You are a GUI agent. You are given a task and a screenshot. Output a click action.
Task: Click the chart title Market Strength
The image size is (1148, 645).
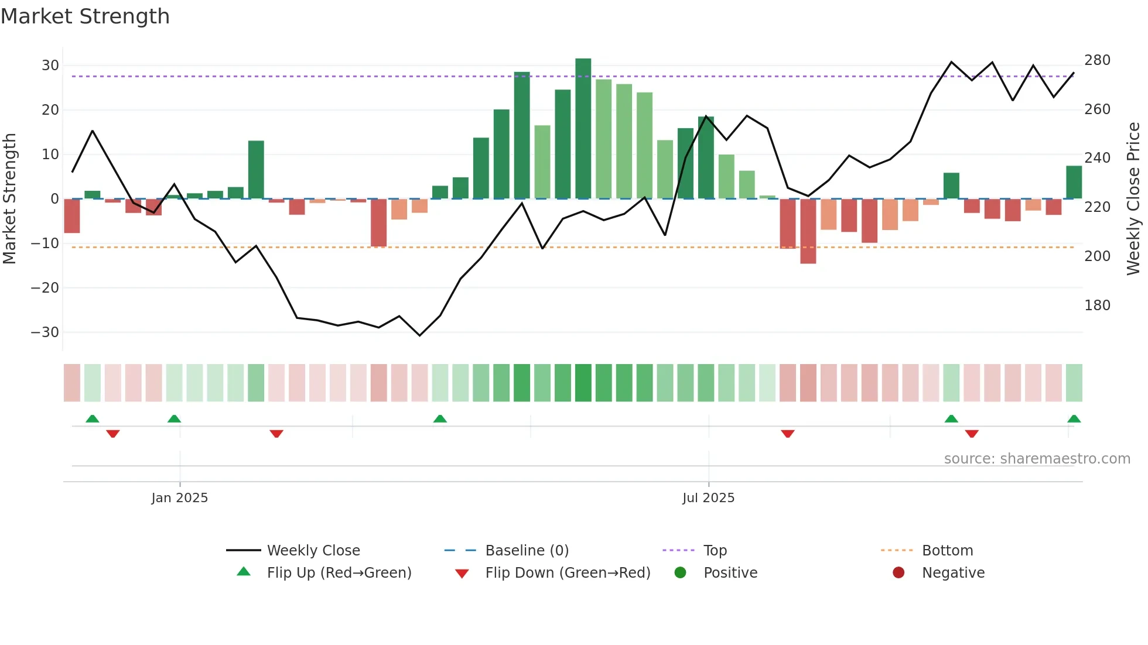pyautogui.click(x=85, y=16)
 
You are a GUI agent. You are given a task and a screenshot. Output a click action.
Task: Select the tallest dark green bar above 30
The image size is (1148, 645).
pyautogui.click(x=583, y=129)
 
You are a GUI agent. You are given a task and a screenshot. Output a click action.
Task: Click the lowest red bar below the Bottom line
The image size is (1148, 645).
pyautogui.click(x=808, y=231)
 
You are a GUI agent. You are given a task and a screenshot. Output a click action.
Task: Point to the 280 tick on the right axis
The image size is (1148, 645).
pyautogui.click(x=1096, y=60)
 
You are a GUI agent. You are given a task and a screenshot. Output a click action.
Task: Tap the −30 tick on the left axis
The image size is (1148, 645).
pyautogui.click(x=45, y=332)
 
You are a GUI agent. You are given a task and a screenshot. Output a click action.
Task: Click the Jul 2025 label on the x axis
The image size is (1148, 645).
pyautogui.click(x=708, y=498)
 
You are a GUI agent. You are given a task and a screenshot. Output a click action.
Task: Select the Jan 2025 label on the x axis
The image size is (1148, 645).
pyautogui.click(x=179, y=498)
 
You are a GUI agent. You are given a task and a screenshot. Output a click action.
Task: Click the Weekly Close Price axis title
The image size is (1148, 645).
pyautogui.click(x=1133, y=199)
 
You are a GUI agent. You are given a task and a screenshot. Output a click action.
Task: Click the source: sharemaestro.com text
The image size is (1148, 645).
pyautogui.click(x=1037, y=459)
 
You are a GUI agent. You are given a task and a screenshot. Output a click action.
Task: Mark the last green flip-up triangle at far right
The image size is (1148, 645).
pyautogui.click(x=1074, y=419)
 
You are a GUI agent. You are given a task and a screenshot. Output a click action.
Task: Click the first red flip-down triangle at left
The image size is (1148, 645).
pyautogui.click(x=113, y=434)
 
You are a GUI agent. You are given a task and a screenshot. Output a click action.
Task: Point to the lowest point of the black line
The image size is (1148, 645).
pyautogui.click(x=419, y=335)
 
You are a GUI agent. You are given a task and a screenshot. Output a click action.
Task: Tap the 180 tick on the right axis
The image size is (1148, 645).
pyautogui.click(x=1096, y=306)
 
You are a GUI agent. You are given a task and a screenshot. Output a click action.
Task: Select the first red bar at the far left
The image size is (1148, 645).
pyautogui.click(x=72, y=215)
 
